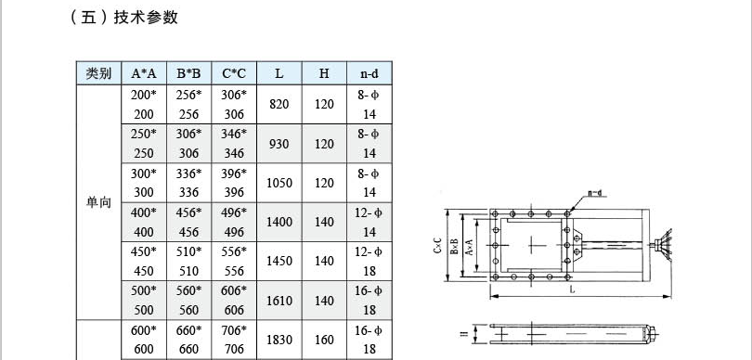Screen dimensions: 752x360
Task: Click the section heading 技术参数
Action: point(146,18)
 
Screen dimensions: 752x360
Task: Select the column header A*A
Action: point(144,73)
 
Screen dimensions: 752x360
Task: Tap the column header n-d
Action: point(370,73)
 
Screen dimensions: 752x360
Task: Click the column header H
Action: point(324,73)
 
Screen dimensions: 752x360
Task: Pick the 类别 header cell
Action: point(98,73)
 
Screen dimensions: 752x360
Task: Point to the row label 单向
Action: point(98,202)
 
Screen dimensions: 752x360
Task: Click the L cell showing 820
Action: point(279,104)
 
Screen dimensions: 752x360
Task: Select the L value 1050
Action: point(279,183)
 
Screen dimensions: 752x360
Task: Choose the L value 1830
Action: point(279,340)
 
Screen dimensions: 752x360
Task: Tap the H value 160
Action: point(324,340)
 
